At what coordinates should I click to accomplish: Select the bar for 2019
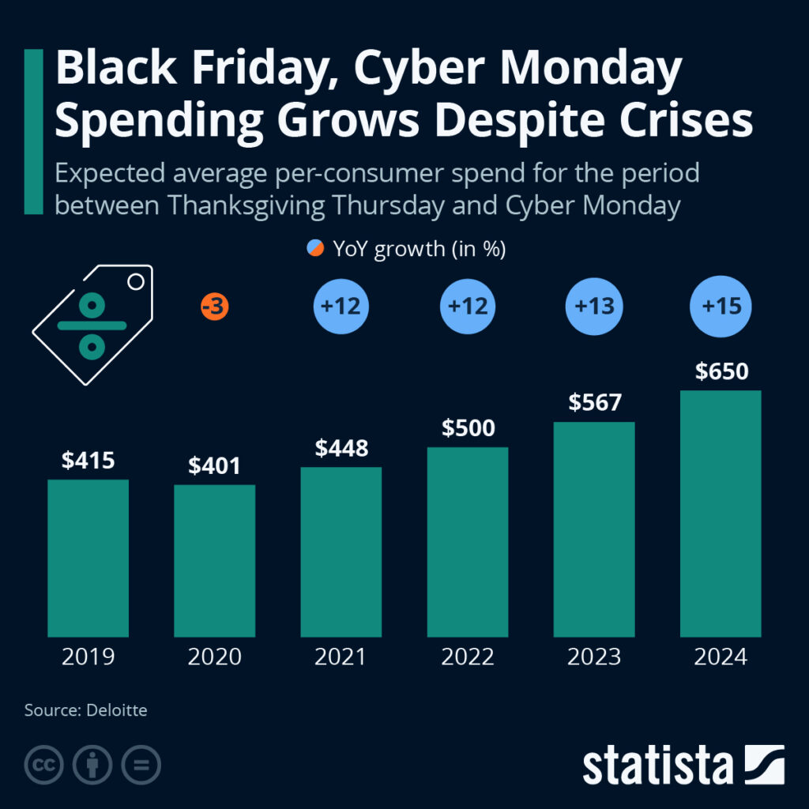pyautogui.click(x=88, y=558)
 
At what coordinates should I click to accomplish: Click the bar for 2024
pyautogui.click(x=721, y=514)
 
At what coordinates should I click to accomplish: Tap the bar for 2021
pyautogui.click(x=341, y=551)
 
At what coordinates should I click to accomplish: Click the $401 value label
pyautogui.click(x=214, y=466)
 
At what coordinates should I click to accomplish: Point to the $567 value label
pyautogui.click(x=595, y=403)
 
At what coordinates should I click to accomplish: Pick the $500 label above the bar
pyautogui.click(x=468, y=428)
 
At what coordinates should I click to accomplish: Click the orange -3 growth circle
pyautogui.click(x=214, y=307)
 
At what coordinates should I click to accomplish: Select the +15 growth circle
pyautogui.click(x=721, y=307)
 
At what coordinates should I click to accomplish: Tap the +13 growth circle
pyautogui.click(x=595, y=307)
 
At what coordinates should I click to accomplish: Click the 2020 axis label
pyautogui.click(x=214, y=657)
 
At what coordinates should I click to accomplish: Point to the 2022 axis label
pyautogui.click(x=468, y=657)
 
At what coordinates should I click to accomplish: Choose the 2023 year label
pyautogui.click(x=595, y=657)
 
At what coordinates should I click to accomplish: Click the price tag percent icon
pyautogui.click(x=92, y=325)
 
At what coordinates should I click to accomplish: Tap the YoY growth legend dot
pyautogui.click(x=315, y=250)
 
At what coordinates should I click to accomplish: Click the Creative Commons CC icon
pyautogui.click(x=44, y=765)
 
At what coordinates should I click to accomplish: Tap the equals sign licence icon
pyautogui.click(x=141, y=765)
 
